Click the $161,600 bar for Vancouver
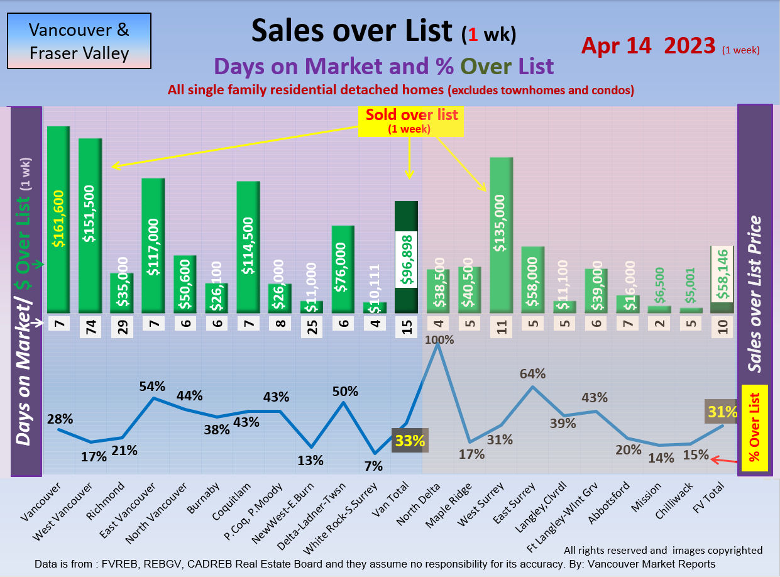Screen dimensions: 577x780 click(58, 220)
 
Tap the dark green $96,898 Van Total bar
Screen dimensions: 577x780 click(406, 258)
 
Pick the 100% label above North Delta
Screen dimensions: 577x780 click(439, 339)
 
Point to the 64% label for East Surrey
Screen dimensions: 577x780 click(532, 373)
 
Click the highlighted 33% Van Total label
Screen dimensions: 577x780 click(410, 440)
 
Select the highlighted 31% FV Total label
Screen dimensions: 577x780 click(722, 412)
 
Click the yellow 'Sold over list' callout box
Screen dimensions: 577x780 click(411, 121)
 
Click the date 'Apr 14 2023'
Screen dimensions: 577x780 click(648, 46)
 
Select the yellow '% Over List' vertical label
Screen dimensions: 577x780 click(755, 428)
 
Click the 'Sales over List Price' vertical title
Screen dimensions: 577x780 click(755, 295)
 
